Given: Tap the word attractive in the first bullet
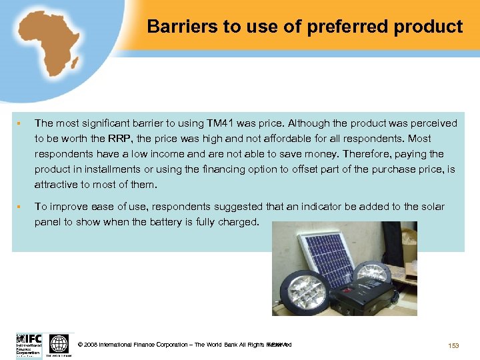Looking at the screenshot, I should point(57,185).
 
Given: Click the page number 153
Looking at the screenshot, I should point(453,345).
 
